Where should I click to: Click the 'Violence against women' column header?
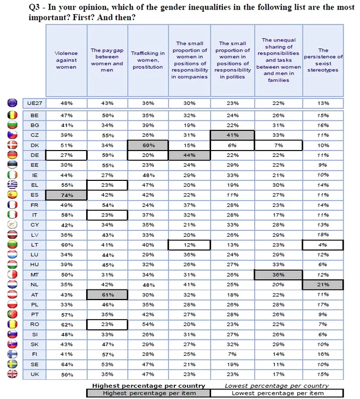(x=66, y=60)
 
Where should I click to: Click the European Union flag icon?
(x=13, y=103)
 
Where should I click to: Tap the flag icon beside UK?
(x=13, y=374)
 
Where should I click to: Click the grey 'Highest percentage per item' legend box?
(x=148, y=393)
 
